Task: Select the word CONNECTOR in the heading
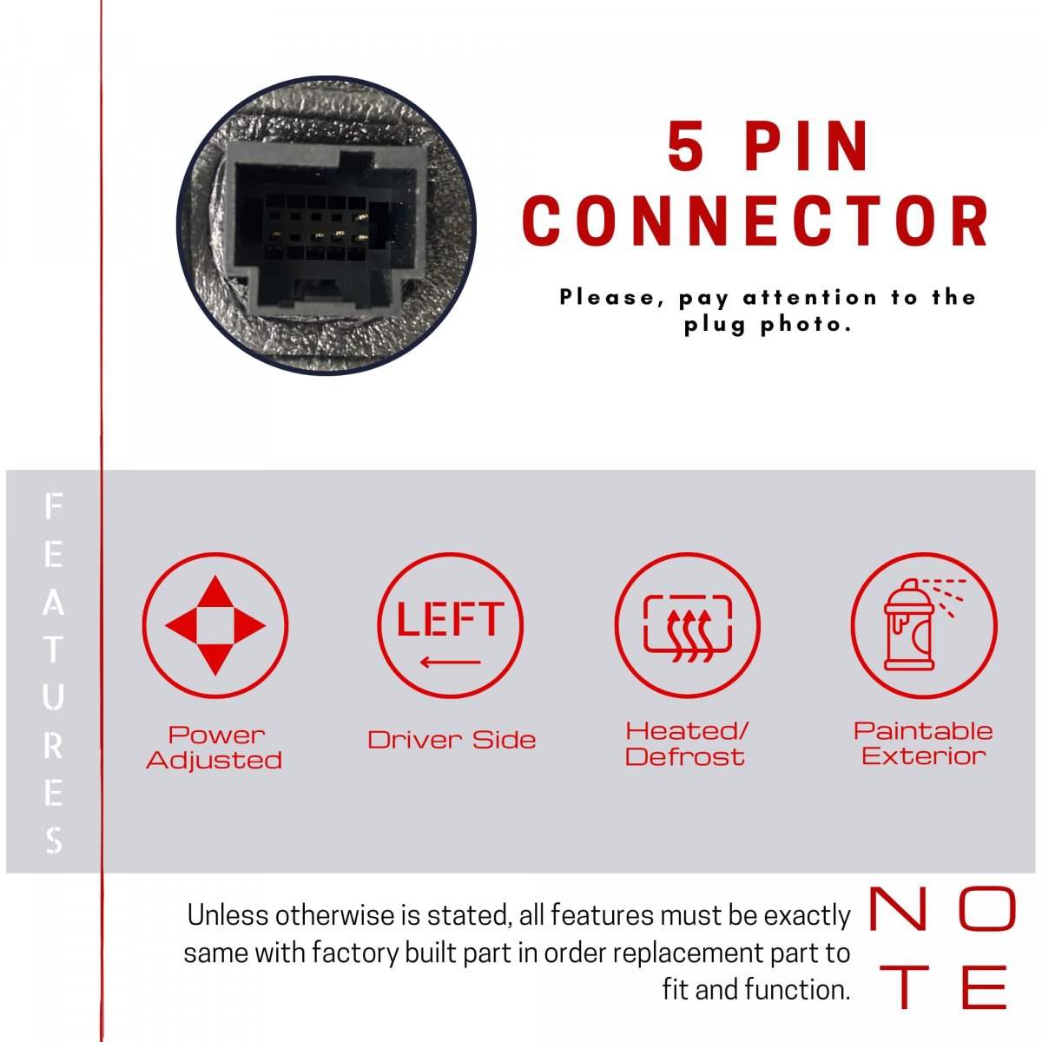[756, 221]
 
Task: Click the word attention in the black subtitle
[810, 297]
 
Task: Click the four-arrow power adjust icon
[215, 625]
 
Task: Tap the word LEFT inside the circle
[451, 618]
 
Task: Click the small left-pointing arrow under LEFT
[451, 662]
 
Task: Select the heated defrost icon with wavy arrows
[687, 625]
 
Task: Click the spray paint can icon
[924, 625]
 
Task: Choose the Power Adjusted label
[214, 748]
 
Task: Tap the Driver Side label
[452, 740]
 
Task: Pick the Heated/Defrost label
[687, 744]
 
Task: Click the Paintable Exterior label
[924, 743]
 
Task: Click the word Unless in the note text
[228, 915]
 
